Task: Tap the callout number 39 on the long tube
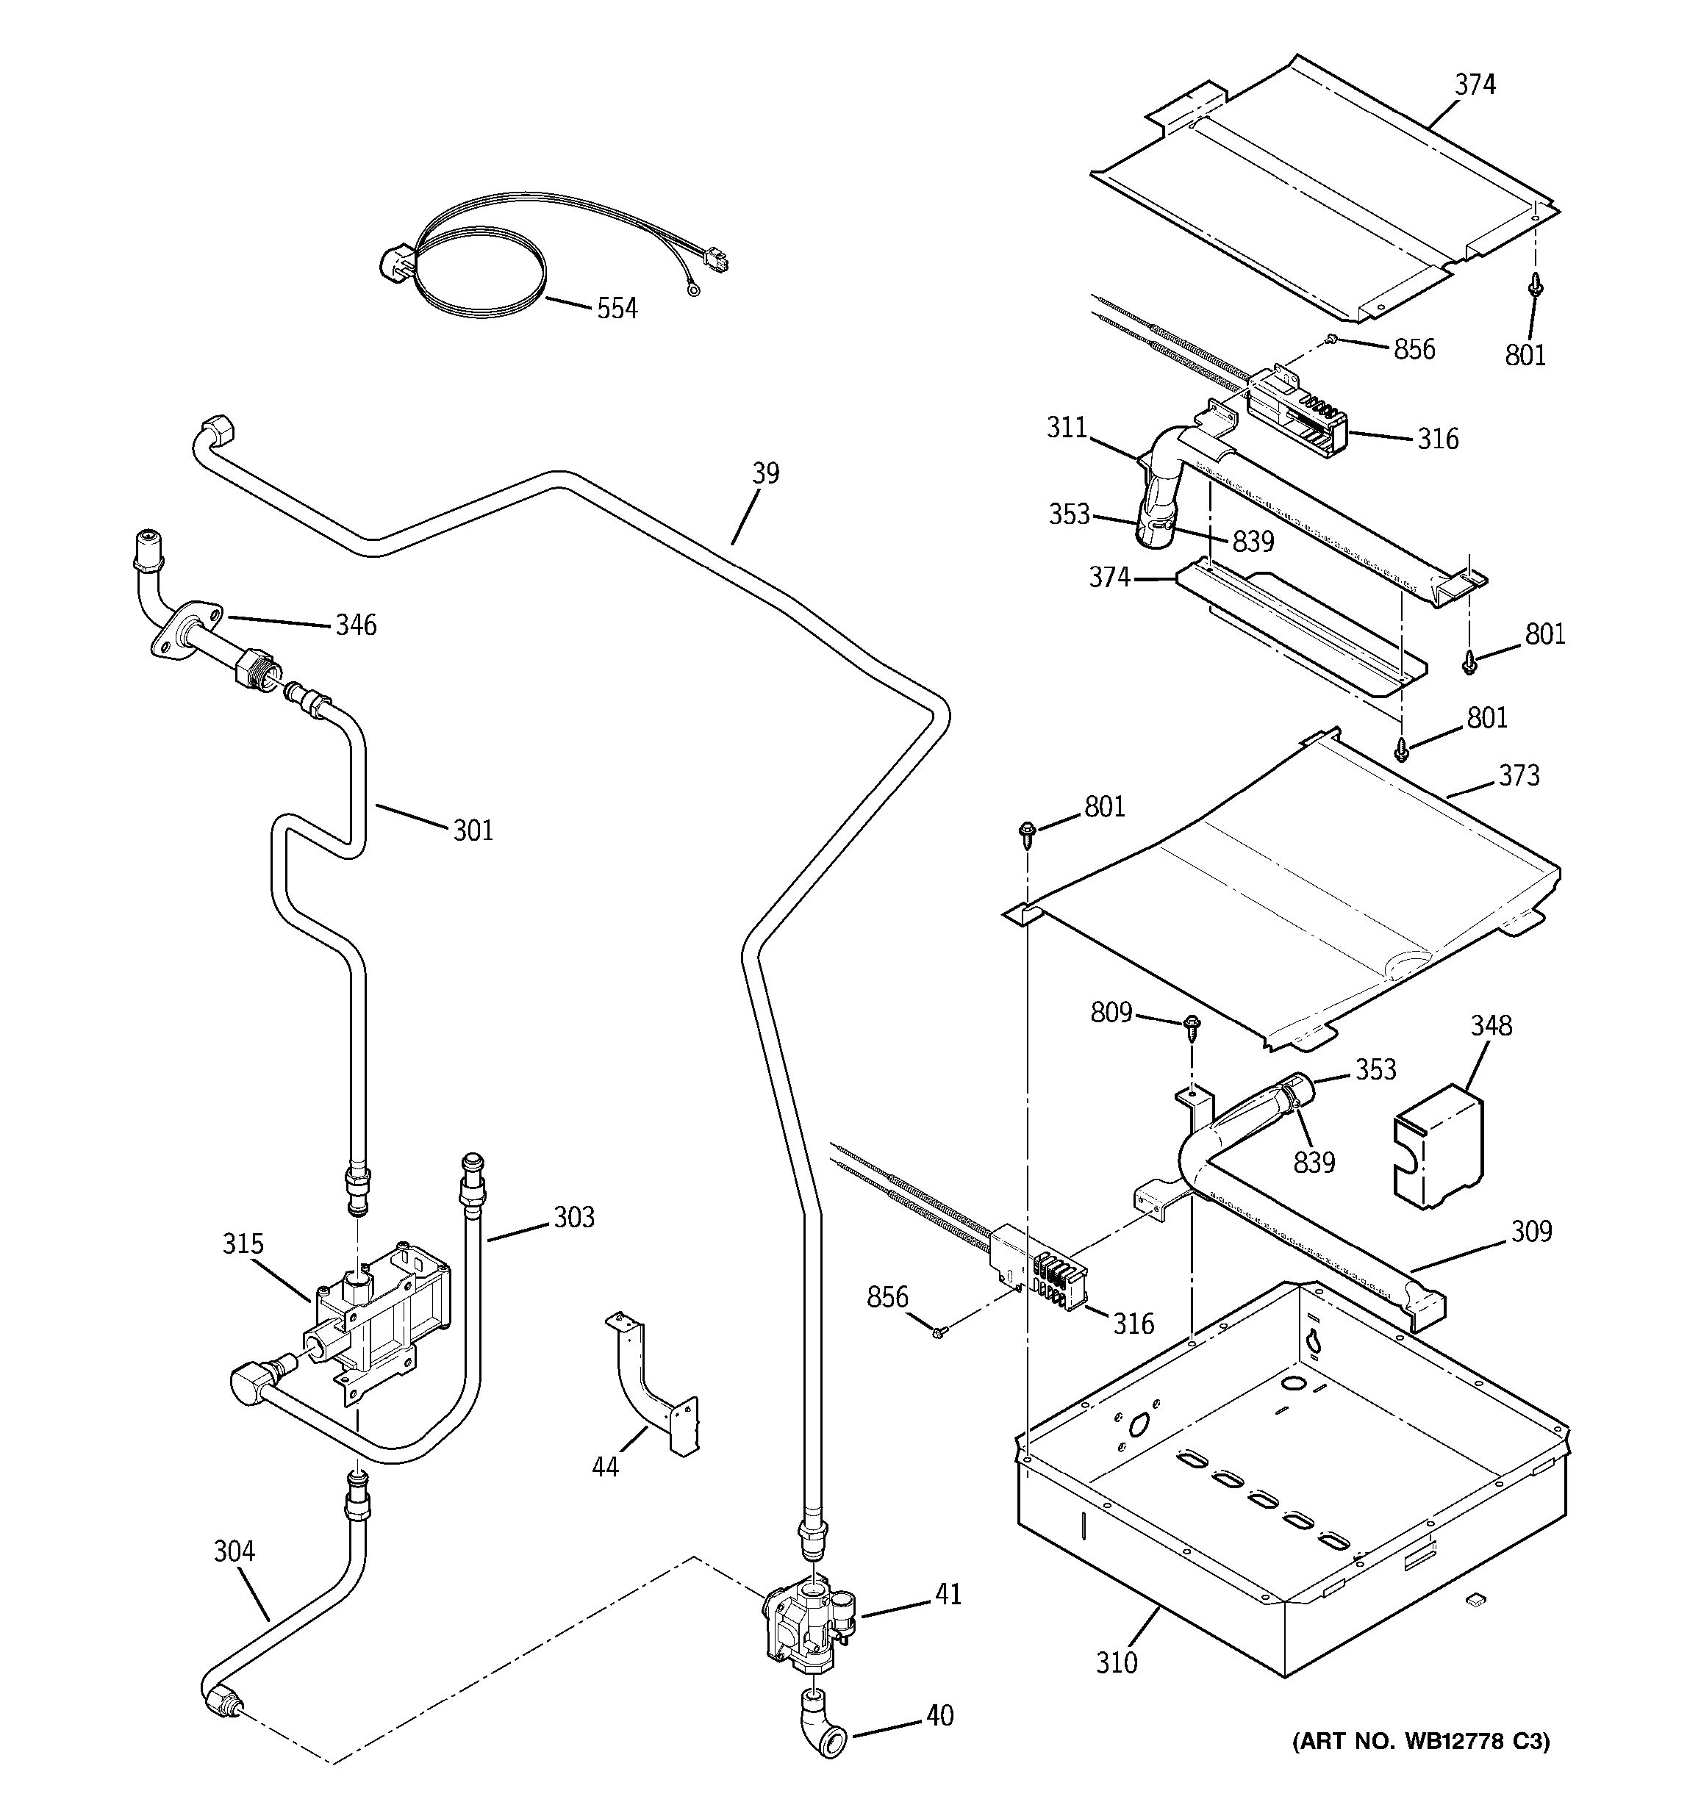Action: coord(765,473)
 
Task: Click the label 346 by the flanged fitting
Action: coord(356,625)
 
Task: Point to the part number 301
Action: coord(473,830)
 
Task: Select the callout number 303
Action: coord(573,1218)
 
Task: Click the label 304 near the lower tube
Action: coord(234,1551)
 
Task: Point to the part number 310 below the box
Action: coord(1117,1662)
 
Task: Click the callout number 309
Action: coord(1530,1232)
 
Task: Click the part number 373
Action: coord(1519,775)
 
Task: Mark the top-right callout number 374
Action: coord(1475,85)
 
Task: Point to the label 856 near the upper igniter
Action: coord(1414,349)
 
